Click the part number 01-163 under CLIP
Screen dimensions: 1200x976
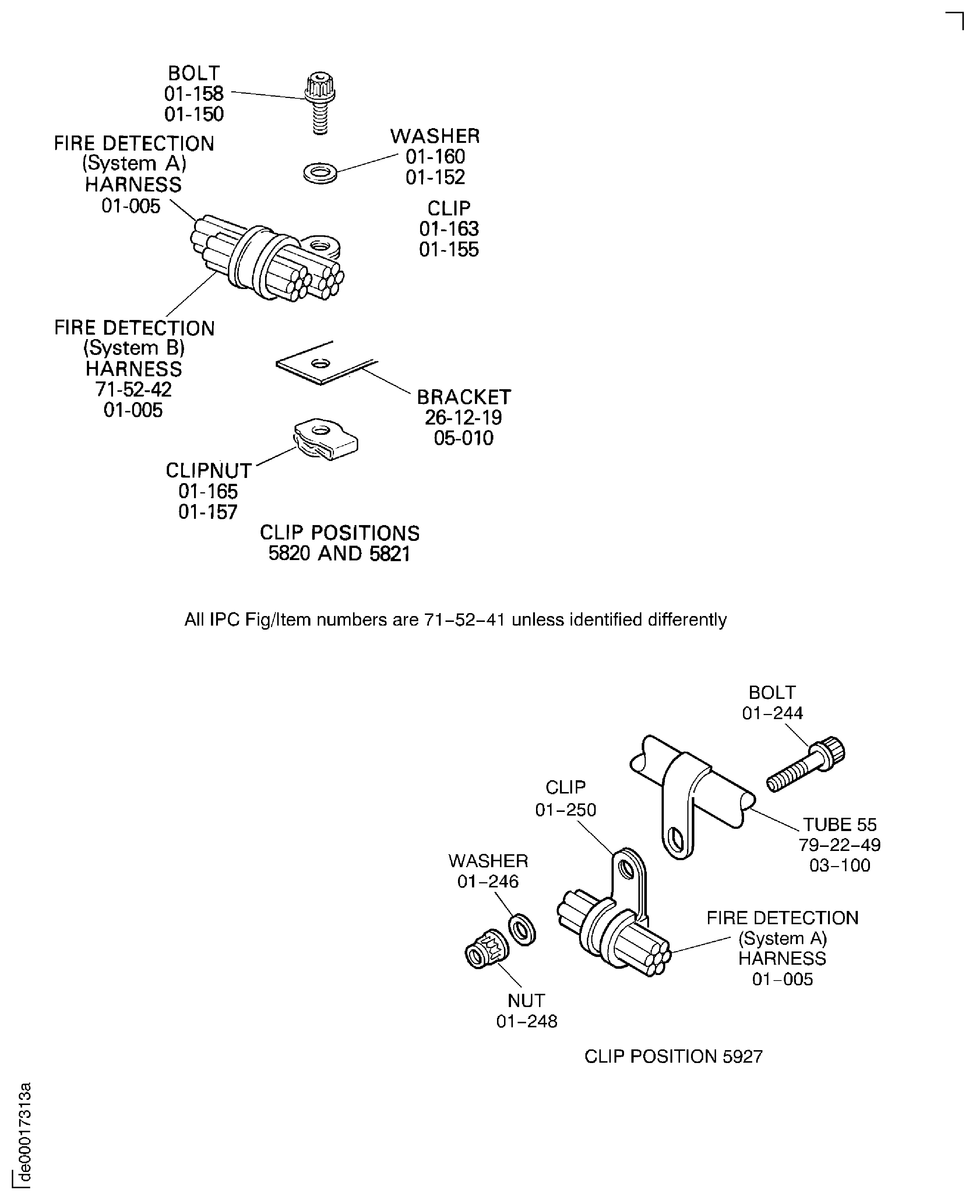tap(449, 229)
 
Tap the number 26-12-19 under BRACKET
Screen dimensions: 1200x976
tap(463, 418)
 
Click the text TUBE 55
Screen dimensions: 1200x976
tap(839, 824)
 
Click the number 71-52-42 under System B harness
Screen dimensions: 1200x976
tap(133, 389)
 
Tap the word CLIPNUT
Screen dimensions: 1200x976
tap(209, 471)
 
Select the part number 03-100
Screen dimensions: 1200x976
tap(839, 865)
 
